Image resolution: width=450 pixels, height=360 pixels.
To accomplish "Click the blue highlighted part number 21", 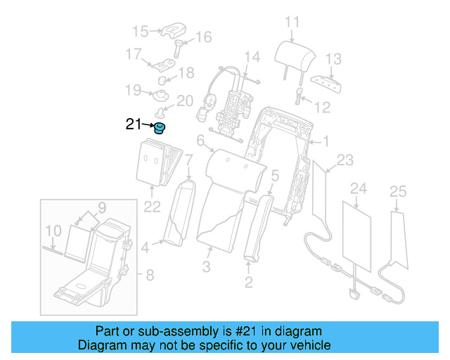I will click(x=160, y=128).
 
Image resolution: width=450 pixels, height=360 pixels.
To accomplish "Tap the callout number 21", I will click(x=134, y=125).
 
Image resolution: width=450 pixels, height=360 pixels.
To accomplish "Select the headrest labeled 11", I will click(x=289, y=52).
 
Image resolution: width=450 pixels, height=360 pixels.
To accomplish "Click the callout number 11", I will click(x=292, y=21).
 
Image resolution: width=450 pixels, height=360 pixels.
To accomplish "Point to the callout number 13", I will click(x=333, y=58).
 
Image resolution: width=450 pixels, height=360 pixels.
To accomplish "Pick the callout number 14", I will click(x=252, y=56).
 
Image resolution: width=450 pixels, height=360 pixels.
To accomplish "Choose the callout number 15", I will click(x=141, y=31).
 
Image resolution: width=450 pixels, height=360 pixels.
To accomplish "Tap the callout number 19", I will click(x=134, y=89).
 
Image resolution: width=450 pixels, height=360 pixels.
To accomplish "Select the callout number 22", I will click(x=153, y=206).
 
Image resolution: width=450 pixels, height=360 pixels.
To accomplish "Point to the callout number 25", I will click(x=398, y=191).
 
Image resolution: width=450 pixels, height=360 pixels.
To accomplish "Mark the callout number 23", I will click(x=345, y=161).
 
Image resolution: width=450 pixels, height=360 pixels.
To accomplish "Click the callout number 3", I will click(x=207, y=266).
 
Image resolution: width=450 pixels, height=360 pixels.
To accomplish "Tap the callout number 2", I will click(x=248, y=283).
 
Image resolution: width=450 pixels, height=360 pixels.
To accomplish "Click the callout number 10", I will click(x=53, y=230).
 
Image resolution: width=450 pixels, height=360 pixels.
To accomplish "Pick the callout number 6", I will click(x=201, y=143).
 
